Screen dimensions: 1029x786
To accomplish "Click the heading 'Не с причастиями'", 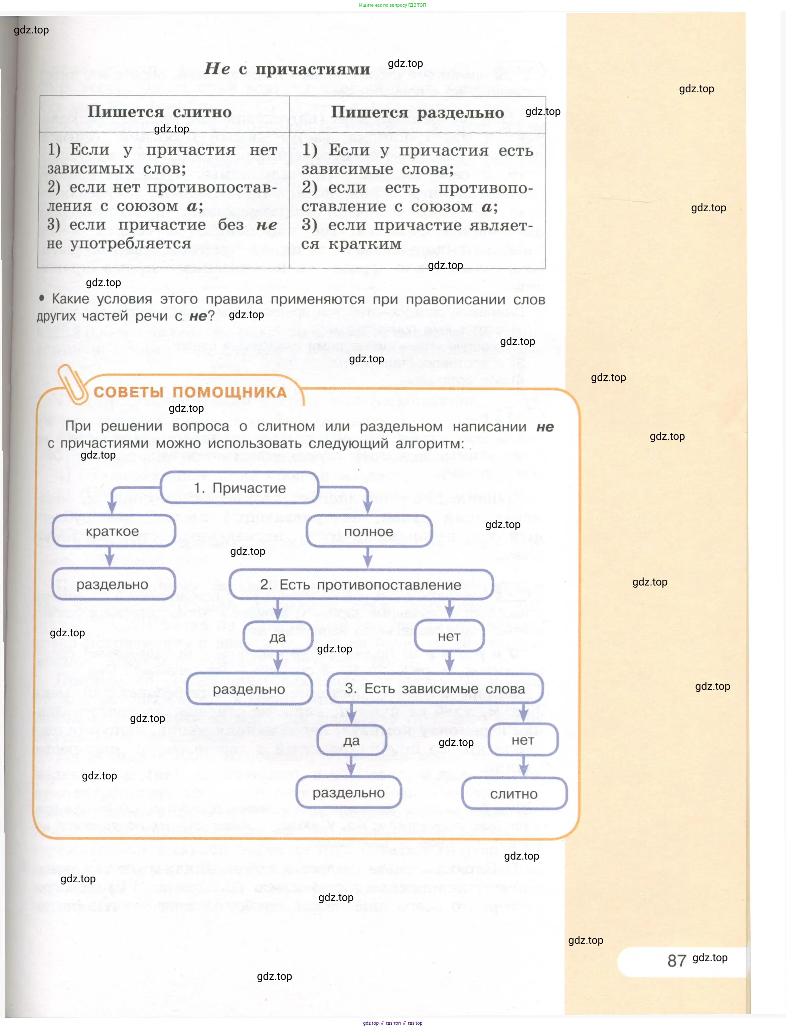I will pyautogui.click(x=287, y=69).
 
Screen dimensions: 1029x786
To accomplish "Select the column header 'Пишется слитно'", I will pyautogui.click(x=160, y=112).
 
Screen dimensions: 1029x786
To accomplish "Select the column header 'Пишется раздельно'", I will pyautogui.click(x=417, y=113).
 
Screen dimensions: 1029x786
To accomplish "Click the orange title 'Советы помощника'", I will pyautogui.click(x=190, y=392).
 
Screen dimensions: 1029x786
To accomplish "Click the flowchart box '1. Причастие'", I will pyautogui.click(x=240, y=488).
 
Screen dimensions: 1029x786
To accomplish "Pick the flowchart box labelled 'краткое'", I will pyautogui.click(x=113, y=531).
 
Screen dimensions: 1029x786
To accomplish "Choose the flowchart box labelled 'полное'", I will pyautogui.click(x=369, y=532).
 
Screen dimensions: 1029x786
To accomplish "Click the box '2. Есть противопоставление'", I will pyautogui.click(x=361, y=585).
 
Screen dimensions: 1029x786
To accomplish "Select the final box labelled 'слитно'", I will pyautogui.click(x=514, y=794).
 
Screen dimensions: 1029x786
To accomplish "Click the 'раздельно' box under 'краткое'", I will pyautogui.click(x=113, y=584).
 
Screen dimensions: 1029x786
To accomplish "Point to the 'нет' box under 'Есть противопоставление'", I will pyautogui.click(x=449, y=636).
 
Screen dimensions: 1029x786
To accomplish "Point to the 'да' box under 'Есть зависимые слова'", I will pyautogui.click(x=351, y=741).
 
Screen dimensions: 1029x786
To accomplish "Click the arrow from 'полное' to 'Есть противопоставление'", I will pyautogui.click(x=368, y=557).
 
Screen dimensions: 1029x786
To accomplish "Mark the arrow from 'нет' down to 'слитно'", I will pyautogui.click(x=523, y=766).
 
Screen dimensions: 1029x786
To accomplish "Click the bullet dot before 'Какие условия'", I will pyautogui.click(x=42, y=298).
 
